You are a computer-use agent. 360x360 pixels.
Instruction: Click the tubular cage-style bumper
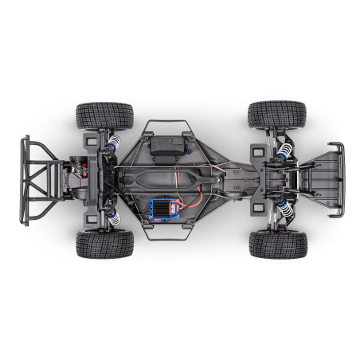(38, 179)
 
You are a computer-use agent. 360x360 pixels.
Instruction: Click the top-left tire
(105, 116)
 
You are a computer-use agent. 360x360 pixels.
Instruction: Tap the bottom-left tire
(105, 244)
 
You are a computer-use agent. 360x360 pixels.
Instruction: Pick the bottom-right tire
(278, 245)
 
